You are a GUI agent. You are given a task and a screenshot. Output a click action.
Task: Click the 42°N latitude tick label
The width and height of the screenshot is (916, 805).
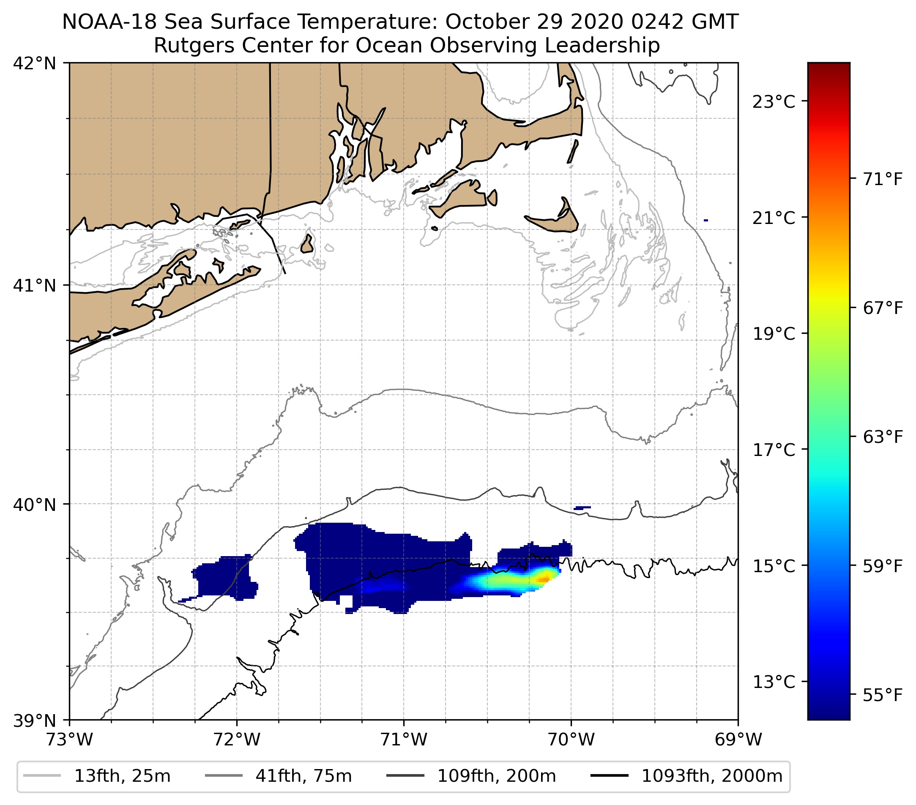pyautogui.click(x=35, y=64)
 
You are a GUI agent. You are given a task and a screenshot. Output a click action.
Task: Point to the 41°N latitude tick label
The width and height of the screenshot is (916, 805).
pyautogui.click(x=35, y=285)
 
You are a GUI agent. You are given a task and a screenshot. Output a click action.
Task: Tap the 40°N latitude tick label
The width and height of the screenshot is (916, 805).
pyautogui.click(x=35, y=505)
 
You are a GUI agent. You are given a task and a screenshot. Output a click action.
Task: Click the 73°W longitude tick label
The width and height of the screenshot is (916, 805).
pyautogui.click(x=69, y=740)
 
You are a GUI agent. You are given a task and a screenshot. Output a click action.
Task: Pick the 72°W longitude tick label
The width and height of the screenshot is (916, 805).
pyautogui.click(x=237, y=740)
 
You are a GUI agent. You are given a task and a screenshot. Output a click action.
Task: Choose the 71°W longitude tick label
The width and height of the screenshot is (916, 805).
pyautogui.click(x=404, y=740)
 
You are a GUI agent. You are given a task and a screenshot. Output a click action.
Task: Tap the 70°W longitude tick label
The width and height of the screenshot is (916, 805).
pyautogui.click(x=571, y=740)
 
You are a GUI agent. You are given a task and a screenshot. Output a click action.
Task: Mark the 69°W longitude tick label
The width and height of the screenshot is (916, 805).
pyautogui.click(x=738, y=740)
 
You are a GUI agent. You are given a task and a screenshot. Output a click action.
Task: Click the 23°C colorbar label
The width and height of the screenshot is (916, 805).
pyautogui.click(x=774, y=102)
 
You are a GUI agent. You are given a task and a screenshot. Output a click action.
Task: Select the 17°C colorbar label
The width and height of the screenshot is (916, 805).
pyautogui.click(x=774, y=450)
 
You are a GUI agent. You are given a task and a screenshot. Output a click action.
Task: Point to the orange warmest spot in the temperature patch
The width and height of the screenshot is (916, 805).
pyautogui.click(x=544, y=580)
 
